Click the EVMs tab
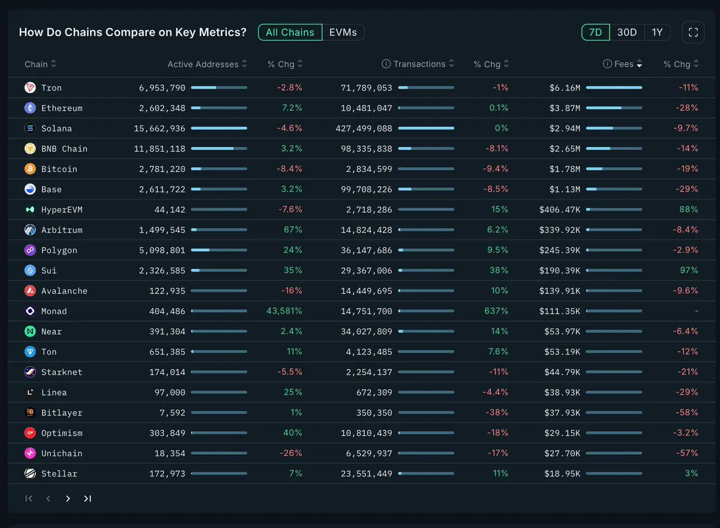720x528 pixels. tap(343, 32)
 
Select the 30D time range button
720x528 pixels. tap(627, 32)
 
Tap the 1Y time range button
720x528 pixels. tap(658, 32)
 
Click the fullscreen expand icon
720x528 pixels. tap(693, 32)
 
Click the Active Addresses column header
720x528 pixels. tap(203, 64)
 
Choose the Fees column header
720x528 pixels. tap(624, 64)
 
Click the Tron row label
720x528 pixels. tap(52, 88)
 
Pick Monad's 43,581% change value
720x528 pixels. tap(284, 311)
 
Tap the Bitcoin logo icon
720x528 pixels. tap(30, 169)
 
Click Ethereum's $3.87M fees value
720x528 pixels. tap(565, 108)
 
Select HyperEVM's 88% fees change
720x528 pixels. tap(690, 209)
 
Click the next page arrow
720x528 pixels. tap(68, 499)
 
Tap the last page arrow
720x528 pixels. tap(88, 499)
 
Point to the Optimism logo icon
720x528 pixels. tap(30, 433)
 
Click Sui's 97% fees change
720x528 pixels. tap(690, 270)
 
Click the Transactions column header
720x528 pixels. tap(419, 64)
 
